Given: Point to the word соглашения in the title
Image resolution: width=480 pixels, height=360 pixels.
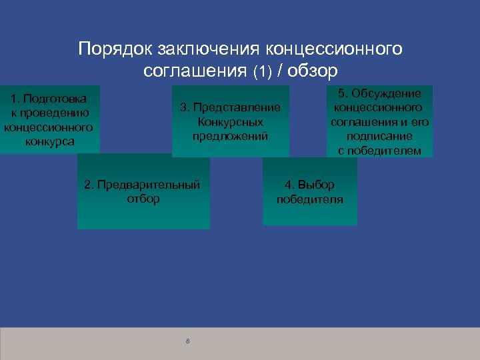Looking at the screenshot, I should [195, 71].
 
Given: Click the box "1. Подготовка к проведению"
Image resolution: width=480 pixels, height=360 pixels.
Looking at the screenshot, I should [49, 119].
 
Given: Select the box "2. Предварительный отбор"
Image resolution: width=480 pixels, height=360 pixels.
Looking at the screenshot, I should [143, 191].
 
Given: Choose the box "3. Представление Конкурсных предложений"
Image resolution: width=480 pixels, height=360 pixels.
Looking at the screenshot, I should [230, 121].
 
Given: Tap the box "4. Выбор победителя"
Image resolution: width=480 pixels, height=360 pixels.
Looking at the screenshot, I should [309, 192].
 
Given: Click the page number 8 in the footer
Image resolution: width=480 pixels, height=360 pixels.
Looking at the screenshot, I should [188, 341].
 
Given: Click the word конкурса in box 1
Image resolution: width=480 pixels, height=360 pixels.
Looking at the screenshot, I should [49, 141].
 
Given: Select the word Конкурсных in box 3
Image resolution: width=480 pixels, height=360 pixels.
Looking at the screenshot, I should [230, 122].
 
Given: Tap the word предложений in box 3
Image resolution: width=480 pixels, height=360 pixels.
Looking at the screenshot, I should [230, 136].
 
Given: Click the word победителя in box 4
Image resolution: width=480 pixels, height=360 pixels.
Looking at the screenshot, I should [310, 199].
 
